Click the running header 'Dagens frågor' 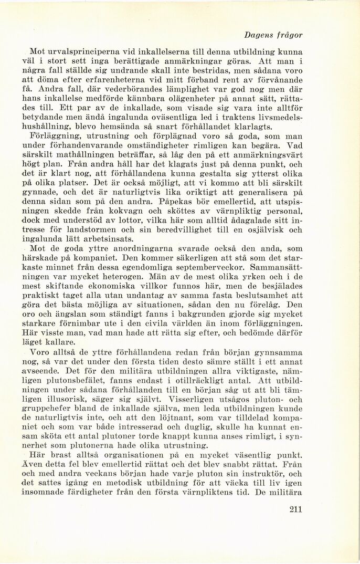coord(273,35)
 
